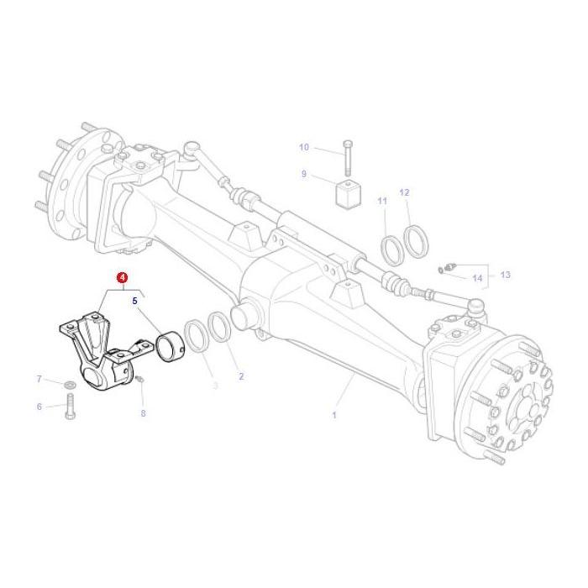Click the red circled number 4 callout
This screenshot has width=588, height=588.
click(123, 277)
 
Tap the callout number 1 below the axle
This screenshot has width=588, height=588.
click(333, 415)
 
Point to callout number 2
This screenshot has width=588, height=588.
click(241, 376)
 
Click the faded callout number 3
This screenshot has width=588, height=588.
click(214, 386)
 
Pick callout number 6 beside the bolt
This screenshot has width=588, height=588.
click(39, 407)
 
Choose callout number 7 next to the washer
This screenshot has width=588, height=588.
click(39, 380)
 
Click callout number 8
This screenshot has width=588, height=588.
click(143, 413)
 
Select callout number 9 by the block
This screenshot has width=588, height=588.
click(304, 175)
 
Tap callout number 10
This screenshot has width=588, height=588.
click(304, 148)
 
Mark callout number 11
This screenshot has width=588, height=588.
click(382, 201)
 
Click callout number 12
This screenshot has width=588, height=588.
click(404, 192)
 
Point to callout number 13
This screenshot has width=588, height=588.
click(505, 275)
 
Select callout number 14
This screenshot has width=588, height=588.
click(477, 278)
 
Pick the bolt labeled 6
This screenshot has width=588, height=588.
click(69, 411)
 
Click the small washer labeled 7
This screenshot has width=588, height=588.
click(70, 385)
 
